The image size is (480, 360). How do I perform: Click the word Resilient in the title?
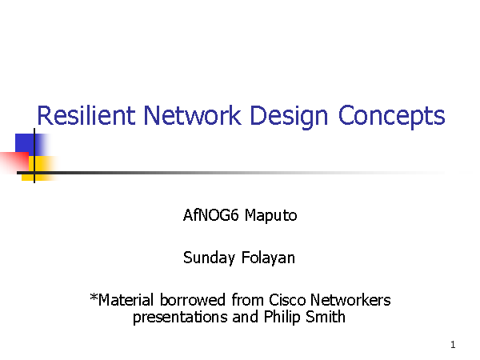86,115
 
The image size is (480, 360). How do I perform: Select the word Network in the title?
192,115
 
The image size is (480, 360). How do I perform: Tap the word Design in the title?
289,117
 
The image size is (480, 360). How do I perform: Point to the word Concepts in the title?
391,117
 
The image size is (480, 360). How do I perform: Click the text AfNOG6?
210,215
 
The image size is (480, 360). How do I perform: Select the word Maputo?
270,216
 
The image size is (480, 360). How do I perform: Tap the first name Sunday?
209,258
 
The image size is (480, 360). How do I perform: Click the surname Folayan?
268,258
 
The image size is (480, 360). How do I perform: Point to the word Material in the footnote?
126,300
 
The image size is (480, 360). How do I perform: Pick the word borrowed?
193,300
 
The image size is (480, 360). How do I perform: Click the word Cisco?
287,300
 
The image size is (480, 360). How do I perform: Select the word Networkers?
350,300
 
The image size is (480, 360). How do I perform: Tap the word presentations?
180,317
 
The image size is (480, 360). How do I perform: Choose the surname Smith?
326,317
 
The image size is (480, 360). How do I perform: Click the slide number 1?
453,345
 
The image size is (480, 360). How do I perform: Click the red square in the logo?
14,162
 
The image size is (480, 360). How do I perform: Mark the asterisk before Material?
94,297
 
